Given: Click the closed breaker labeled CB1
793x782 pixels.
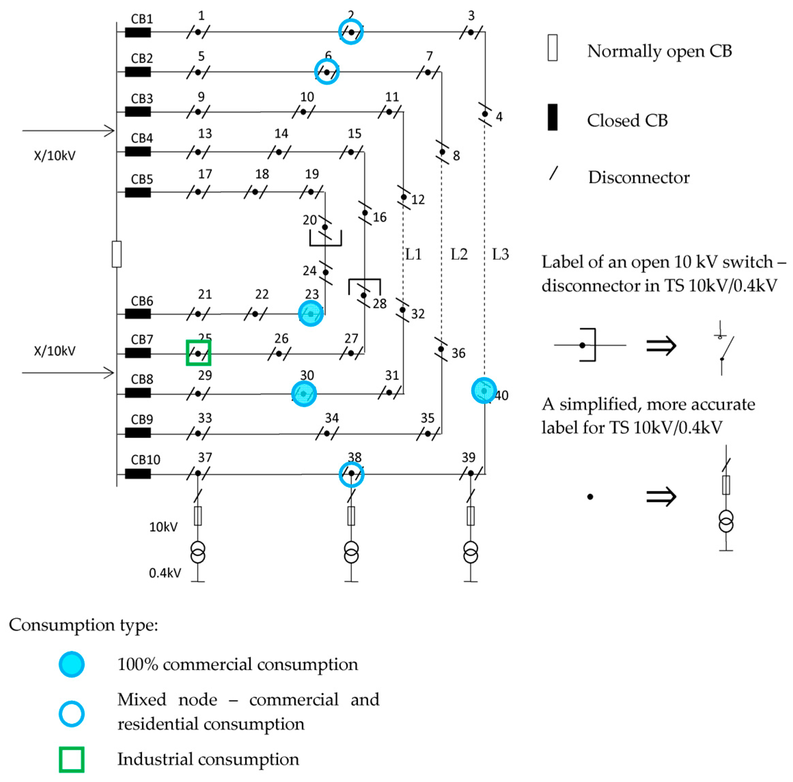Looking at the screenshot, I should pyautogui.click(x=138, y=32).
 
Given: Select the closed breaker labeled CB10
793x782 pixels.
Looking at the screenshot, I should pyautogui.click(x=138, y=474).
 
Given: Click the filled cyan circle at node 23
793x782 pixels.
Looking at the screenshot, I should pyautogui.click(x=311, y=313).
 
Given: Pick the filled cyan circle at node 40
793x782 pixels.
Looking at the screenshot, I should pyautogui.click(x=484, y=390).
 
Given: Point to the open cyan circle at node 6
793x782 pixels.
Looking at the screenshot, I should pyautogui.click(x=327, y=71).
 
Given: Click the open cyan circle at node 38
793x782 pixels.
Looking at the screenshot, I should pyautogui.click(x=352, y=474).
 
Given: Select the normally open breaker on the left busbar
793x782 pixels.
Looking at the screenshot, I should pyautogui.click(x=116, y=254).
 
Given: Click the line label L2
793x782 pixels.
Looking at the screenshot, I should pyautogui.click(x=459, y=254).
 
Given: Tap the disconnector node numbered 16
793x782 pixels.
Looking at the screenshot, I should pyautogui.click(x=365, y=213).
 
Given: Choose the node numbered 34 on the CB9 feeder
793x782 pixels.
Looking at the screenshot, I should pyautogui.click(x=327, y=433).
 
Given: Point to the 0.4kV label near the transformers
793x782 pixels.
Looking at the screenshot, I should pyautogui.click(x=165, y=573).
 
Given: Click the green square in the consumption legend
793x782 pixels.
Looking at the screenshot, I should pyautogui.click(x=72, y=759).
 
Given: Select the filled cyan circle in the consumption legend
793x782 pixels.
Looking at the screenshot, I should pyautogui.click(x=72, y=664).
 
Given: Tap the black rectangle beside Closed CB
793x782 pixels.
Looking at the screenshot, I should pyautogui.click(x=553, y=117).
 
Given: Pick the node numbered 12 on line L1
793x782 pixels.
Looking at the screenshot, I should pyautogui.click(x=404, y=197).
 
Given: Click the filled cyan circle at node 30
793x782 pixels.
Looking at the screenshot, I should pyautogui.click(x=304, y=394).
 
